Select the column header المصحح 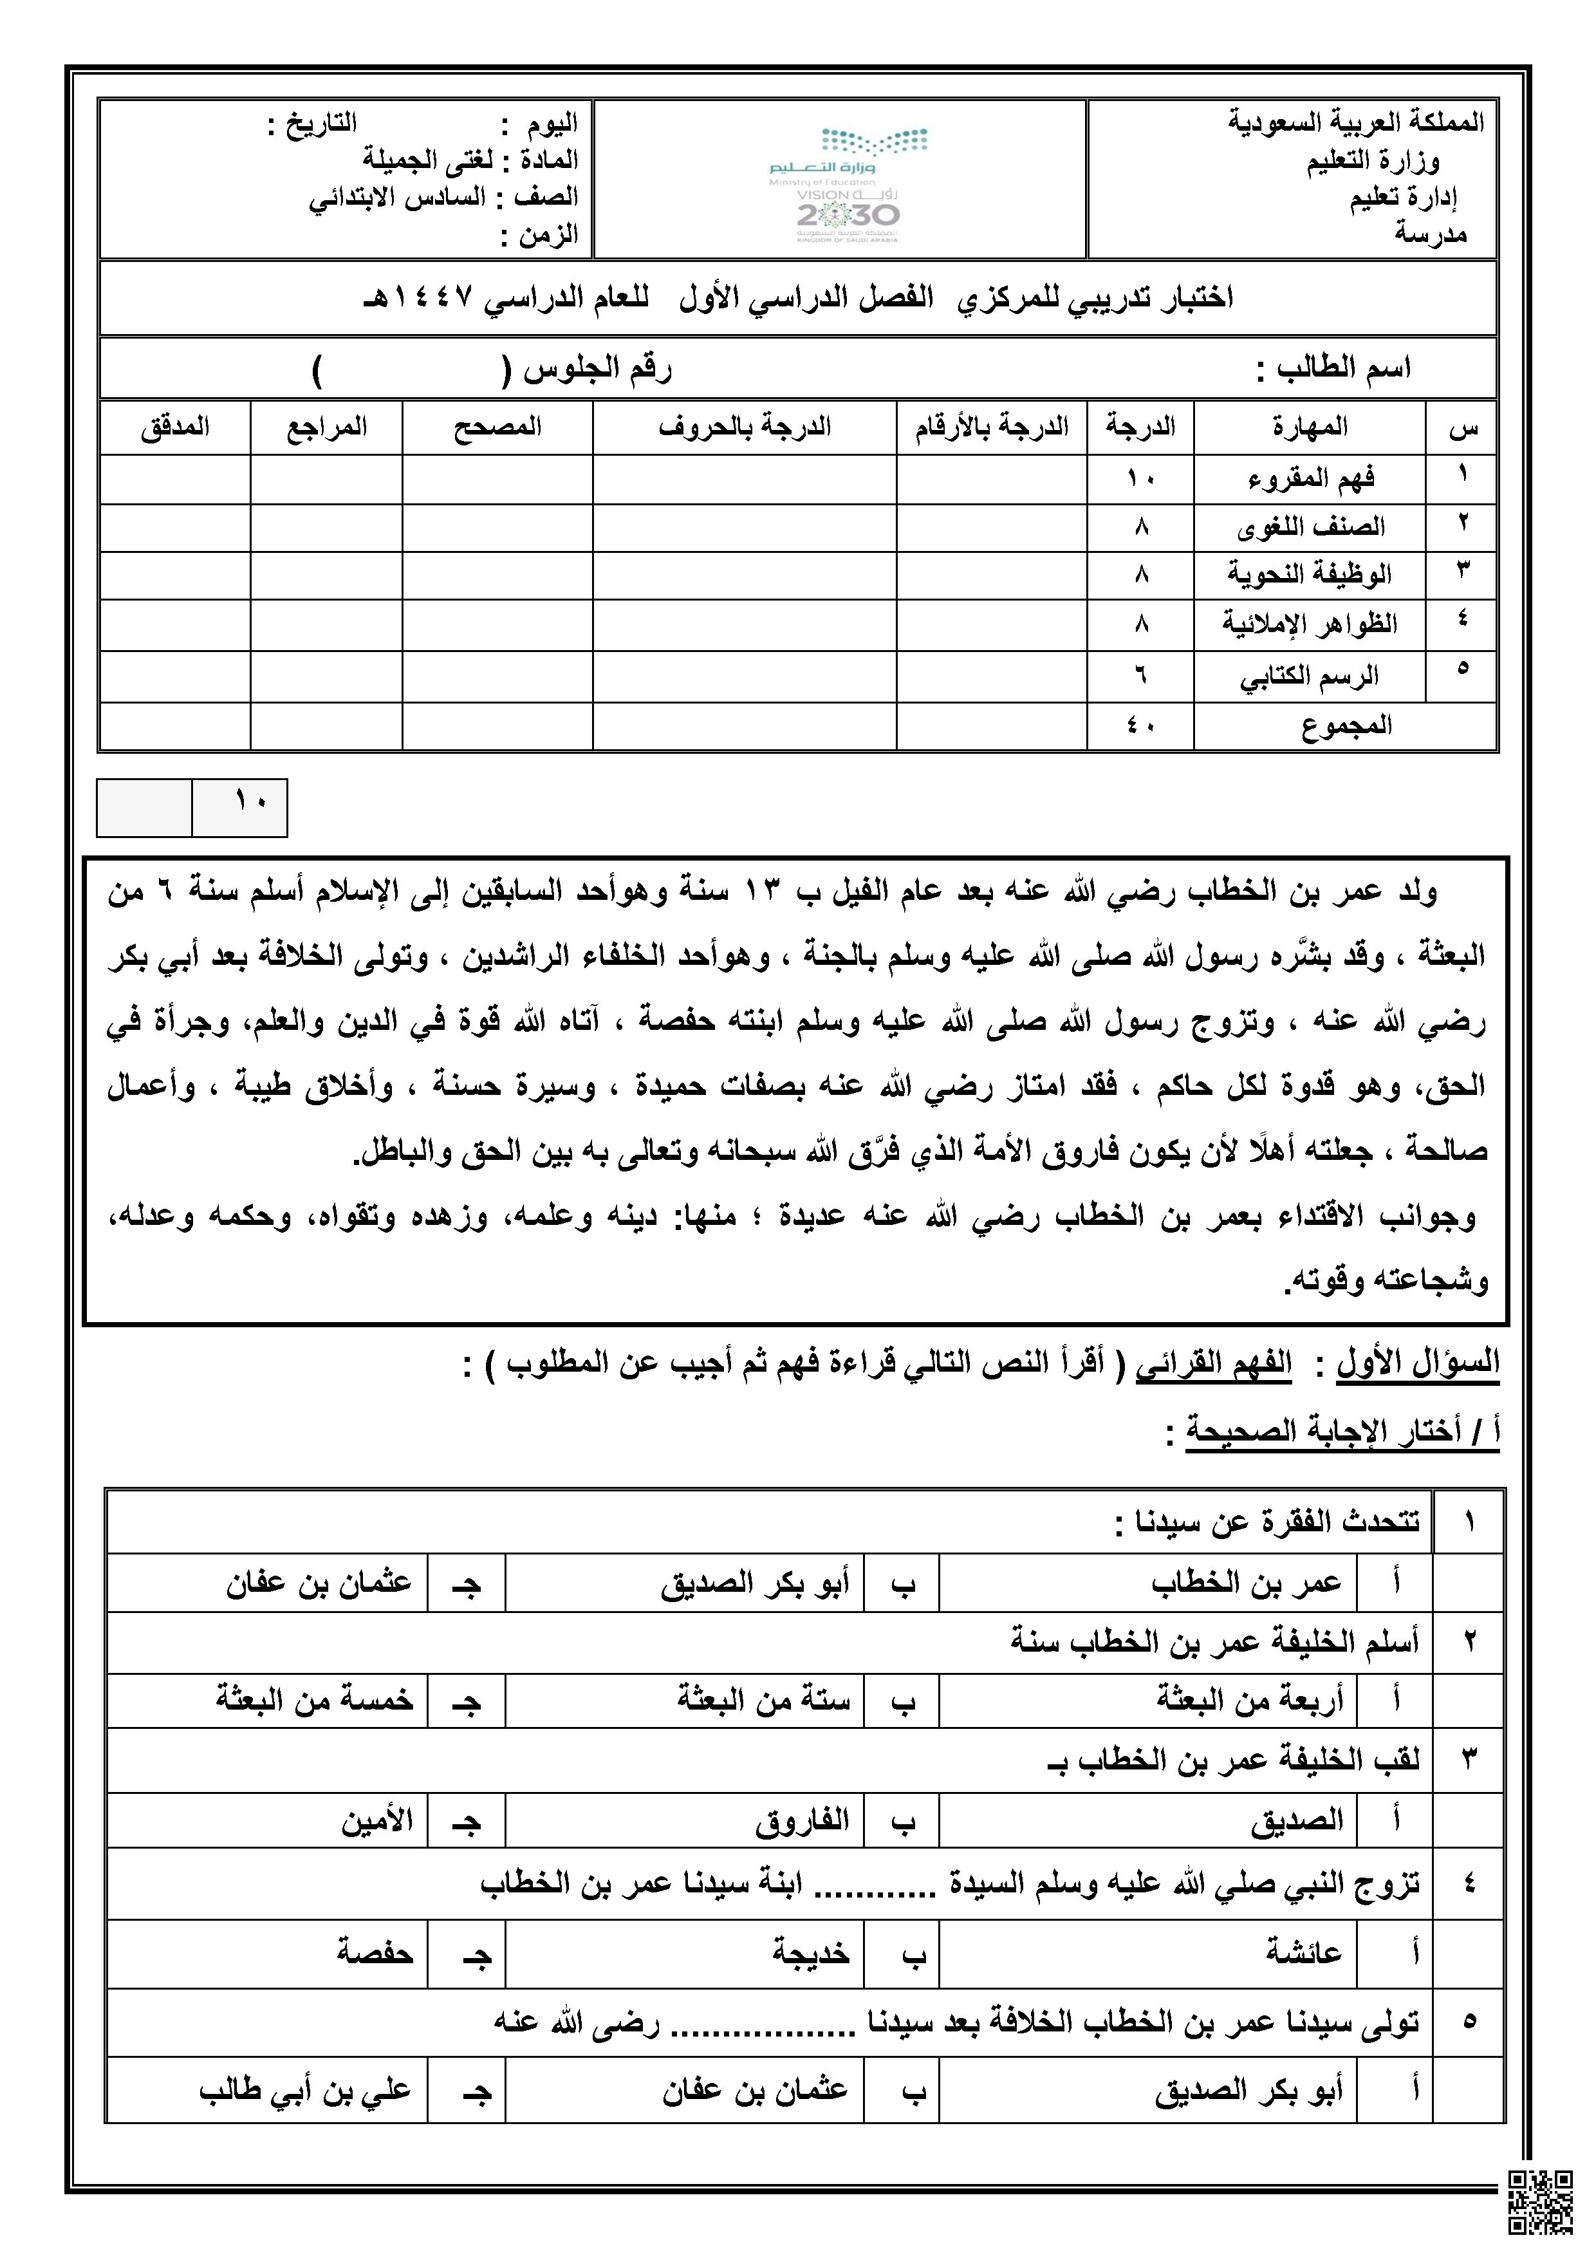497,428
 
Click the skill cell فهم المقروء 1311,479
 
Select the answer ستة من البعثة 763,1699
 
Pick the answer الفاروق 801,1820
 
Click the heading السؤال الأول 1417,1363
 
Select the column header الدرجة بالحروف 745,428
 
